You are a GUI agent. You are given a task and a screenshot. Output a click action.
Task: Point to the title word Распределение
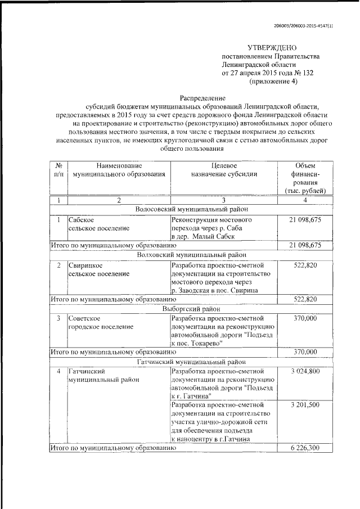point(203,97)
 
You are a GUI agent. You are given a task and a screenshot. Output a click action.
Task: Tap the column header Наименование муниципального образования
point(115,170)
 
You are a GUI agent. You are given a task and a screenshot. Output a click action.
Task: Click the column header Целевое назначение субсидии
point(224,170)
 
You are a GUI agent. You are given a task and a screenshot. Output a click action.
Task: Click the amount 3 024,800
point(305,372)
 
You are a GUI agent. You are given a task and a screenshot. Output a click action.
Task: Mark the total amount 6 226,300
point(305,448)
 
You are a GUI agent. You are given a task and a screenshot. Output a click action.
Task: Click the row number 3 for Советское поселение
point(58,318)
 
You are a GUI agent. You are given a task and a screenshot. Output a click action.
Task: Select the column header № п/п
point(58,170)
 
